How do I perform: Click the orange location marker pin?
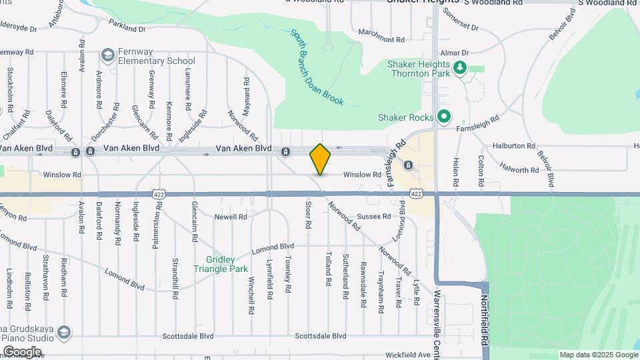click(x=321, y=159)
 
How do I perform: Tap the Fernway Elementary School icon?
click(x=107, y=54)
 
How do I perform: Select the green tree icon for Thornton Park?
click(x=459, y=67)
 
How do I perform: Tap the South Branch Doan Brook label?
click(x=317, y=67)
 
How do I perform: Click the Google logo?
click(x=22, y=351)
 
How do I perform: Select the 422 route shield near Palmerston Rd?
click(x=158, y=193)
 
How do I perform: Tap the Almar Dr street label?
click(x=456, y=52)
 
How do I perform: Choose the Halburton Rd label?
click(x=514, y=145)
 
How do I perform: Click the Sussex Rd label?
click(x=373, y=217)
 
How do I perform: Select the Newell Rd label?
click(x=231, y=217)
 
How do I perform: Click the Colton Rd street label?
click(x=481, y=170)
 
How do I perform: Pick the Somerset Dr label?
click(x=461, y=21)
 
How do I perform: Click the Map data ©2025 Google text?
click(x=597, y=355)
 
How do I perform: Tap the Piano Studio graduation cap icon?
click(x=64, y=332)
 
